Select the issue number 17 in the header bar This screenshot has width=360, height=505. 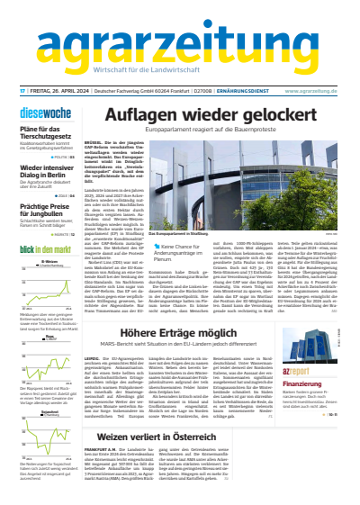coord(22,90)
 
